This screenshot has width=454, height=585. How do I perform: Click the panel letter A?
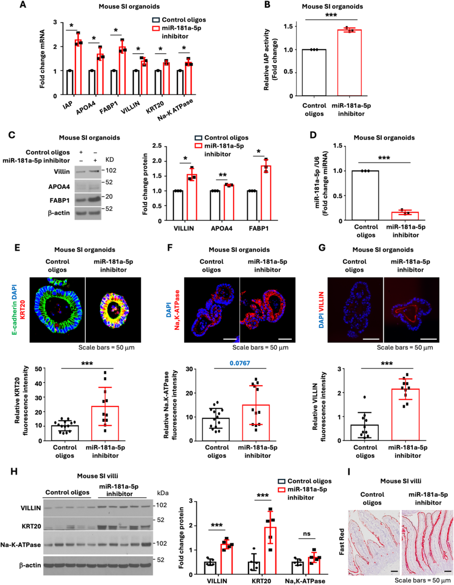tap(23, 5)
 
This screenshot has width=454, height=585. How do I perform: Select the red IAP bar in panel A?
tap(78, 67)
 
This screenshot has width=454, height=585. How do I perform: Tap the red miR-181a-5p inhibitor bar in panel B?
tap(349, 63)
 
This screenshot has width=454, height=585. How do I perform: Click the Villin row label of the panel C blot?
tap(61, 172)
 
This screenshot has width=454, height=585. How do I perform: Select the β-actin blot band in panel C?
tap(88, 213)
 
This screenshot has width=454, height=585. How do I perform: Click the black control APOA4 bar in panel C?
tap(215, 205)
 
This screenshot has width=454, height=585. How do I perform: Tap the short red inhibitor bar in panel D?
tap(405, 216)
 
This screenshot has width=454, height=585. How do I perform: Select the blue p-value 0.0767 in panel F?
tap(240, 363)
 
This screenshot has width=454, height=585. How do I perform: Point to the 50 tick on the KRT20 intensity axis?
tap(38, 369)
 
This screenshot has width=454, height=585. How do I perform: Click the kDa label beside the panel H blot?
tap(163, 493)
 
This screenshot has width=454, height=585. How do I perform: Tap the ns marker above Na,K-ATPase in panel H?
tap(306, 534)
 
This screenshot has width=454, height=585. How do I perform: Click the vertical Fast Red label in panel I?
tap(341, 541)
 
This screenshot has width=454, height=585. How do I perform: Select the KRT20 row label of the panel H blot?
tap(31, 526)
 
